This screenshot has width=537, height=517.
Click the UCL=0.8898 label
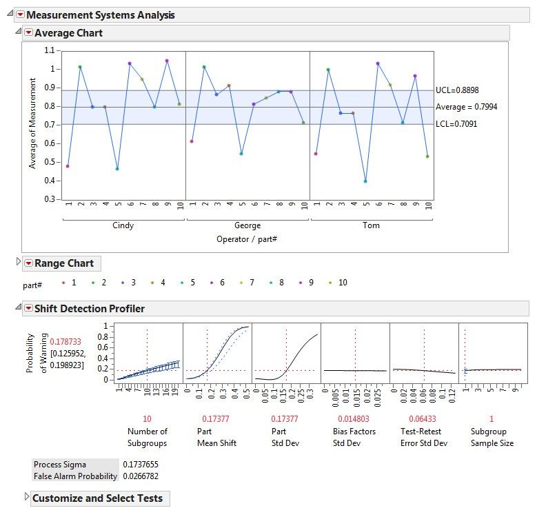[x=456, y=90]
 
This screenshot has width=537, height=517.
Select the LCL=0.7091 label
[x=456, y=124]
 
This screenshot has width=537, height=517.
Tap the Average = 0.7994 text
[x=466, y=107]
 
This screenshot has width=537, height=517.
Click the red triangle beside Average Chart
[x=28, y=32]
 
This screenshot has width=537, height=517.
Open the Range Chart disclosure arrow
[x=19, y=263]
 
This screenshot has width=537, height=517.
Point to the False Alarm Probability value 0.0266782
[x=140, y=476]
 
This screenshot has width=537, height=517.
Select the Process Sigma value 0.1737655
[x=140, y=465]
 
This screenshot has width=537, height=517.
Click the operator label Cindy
[x=123, y=225]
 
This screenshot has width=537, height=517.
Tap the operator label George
[x=247, y=225]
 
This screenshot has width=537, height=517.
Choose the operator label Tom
[x=371, y=225]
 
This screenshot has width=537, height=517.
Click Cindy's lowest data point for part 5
[x=117, y=169]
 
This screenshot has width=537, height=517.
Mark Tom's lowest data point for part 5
[x=365, y=181]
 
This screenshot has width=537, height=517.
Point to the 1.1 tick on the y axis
[x=48, y=50]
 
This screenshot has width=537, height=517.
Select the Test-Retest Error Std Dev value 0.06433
[x=424, y=419]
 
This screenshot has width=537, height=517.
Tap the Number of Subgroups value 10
[x=147, y=419]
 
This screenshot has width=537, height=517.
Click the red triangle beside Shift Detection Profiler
[x=28, y=308]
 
